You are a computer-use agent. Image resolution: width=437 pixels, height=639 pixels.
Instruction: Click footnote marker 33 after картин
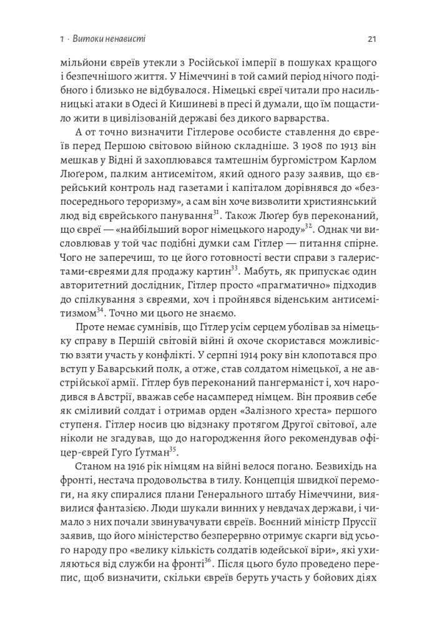235,269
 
